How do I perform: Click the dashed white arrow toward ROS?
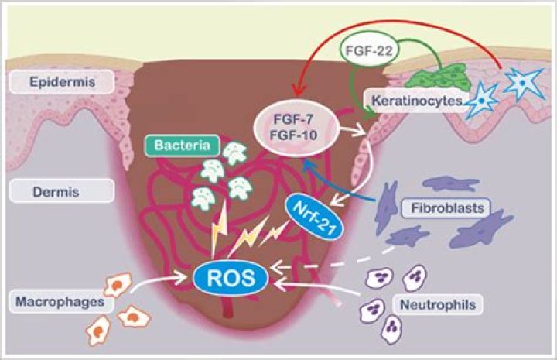325,262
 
